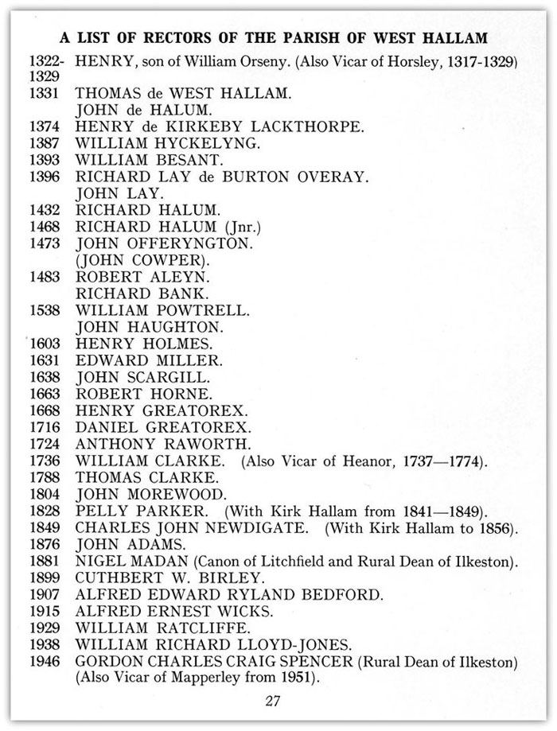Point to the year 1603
pos(46,344)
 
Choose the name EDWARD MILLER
pos(150,360)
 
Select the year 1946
pos(46,661)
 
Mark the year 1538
pos(46,310)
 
